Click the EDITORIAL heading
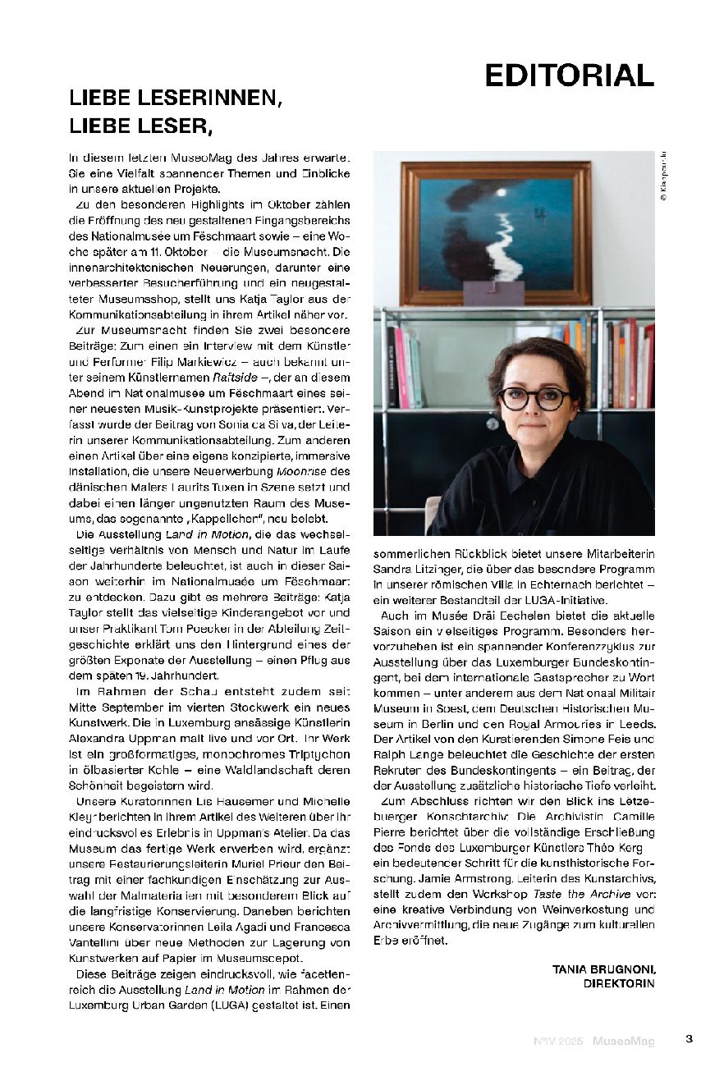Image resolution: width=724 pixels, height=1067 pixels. (569, 75)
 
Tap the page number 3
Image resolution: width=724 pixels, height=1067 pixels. (690, 1038)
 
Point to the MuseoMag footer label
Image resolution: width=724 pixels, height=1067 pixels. (625, 1042)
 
